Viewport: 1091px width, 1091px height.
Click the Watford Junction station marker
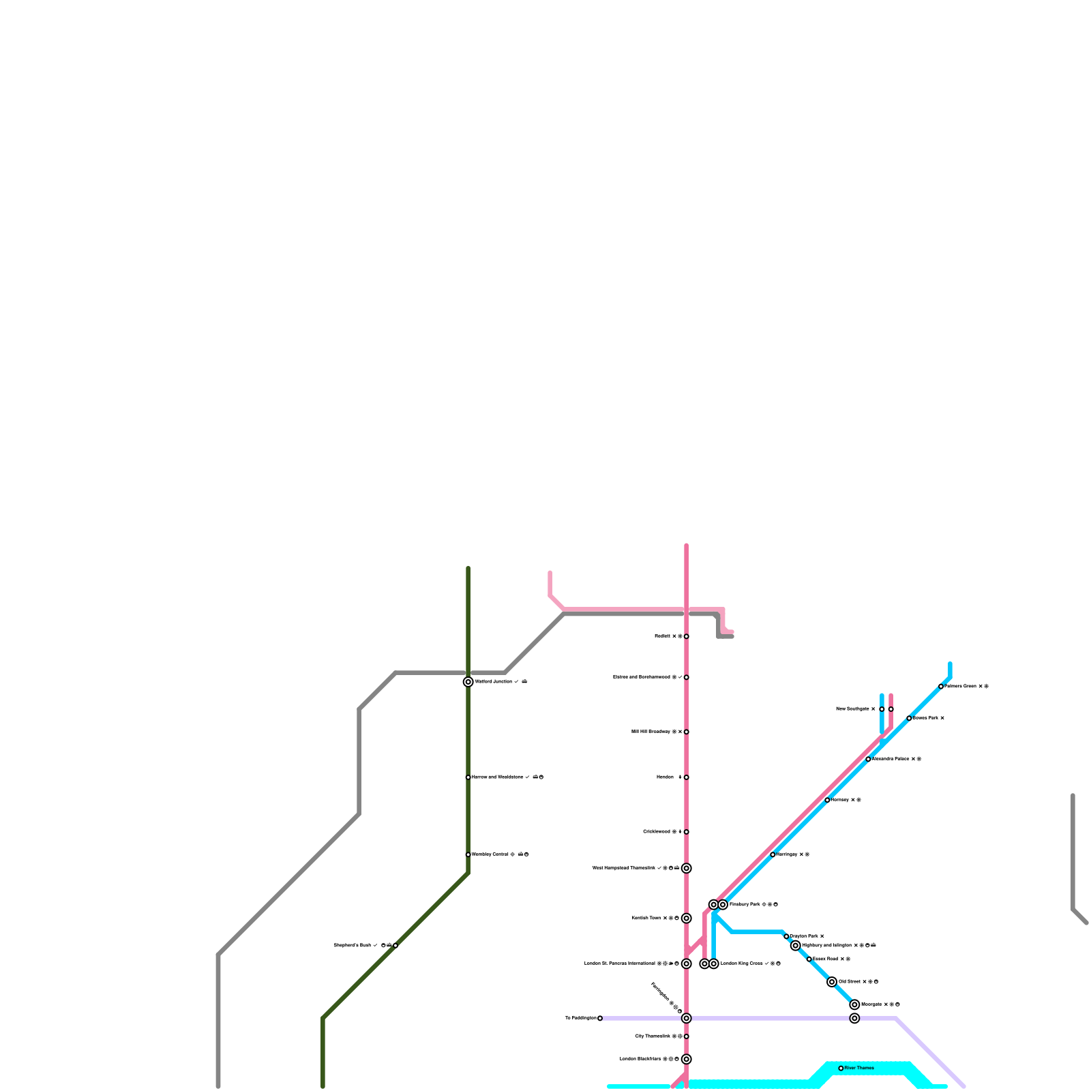pos(468,682)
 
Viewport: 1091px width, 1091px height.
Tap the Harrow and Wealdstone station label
pos(498,777)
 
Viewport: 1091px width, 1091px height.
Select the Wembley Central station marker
pos(468,854)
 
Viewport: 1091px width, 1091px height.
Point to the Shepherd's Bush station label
pos(352,946)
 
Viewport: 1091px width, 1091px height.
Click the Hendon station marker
pos(686,777)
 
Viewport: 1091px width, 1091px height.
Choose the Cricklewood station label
pos(657,832)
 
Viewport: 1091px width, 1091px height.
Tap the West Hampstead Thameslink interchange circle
pos(687,868)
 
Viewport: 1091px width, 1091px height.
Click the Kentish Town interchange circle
pos(687,918)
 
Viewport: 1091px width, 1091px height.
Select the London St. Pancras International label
pos(620,963)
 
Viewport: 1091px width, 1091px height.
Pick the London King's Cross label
pos(742,963)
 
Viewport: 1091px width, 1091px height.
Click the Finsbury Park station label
pos(745,905)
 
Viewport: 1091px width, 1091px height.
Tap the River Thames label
pos(859,1068)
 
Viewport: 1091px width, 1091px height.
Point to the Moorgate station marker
pos(854,1004)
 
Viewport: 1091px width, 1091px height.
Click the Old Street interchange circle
pos(832,982)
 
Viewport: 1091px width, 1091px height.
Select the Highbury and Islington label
pos(826,946)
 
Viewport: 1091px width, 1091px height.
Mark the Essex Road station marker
pos(809,959)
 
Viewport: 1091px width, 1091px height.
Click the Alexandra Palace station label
pos(891,759)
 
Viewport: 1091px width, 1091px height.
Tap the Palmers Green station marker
pos(941,687)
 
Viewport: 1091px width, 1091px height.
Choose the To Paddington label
pos(580,1018)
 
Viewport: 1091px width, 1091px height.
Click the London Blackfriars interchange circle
pos(687,1059)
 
